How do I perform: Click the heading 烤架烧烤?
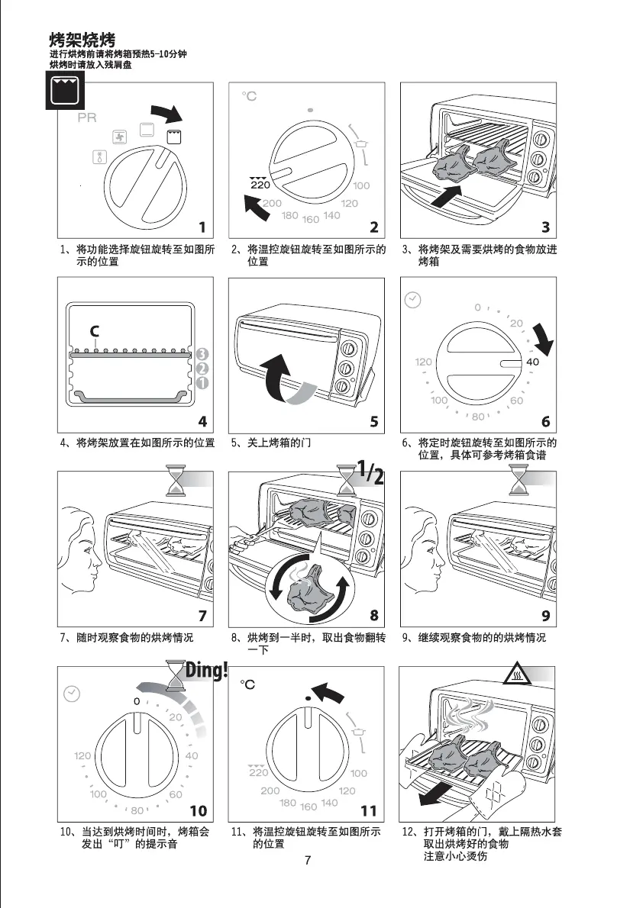coord(82,40)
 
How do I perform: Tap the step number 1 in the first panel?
coord(202,227)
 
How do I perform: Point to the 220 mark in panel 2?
coord(260,185)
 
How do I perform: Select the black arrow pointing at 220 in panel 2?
coord(257,208)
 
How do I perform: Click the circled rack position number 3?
coord(202,354)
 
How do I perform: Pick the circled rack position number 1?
coord(202,382)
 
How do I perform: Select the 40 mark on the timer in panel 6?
coord(533,362)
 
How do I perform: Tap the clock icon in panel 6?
coord(412,300)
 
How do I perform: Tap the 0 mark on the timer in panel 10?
coord(137,700)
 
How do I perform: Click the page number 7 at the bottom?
coord(308,861)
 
